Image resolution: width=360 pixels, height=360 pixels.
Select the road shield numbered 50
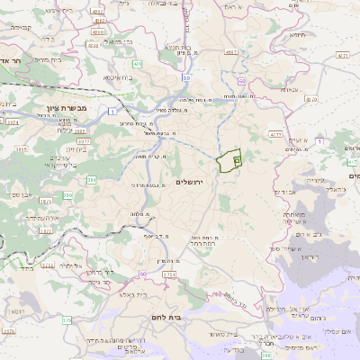[x=185, y=79]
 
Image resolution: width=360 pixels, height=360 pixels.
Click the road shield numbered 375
[x=65, y=320]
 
